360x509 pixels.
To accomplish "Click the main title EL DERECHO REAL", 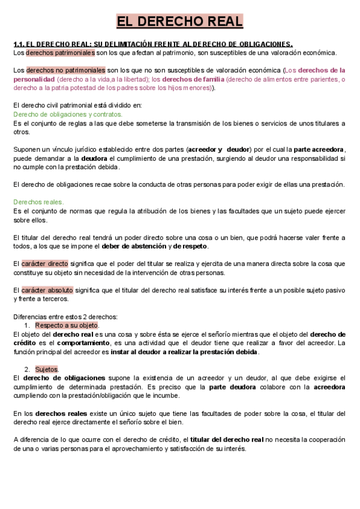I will pyautogui.click(x=179, y=22).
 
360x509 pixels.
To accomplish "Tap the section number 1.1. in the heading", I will pyautogui.click(x=21, y=44).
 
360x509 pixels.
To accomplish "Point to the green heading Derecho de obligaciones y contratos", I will pyautogui.click(x=68, y=114).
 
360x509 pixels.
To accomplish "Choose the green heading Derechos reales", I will pyautogui.click(x=38, y=202).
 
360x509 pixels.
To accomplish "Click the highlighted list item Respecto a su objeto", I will pyautogui.click(x=67, y=325).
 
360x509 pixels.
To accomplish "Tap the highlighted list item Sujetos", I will pyautogui.click(x=46, y=369).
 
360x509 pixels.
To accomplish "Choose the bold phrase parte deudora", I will pyautogui.click(x=233, y=387).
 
